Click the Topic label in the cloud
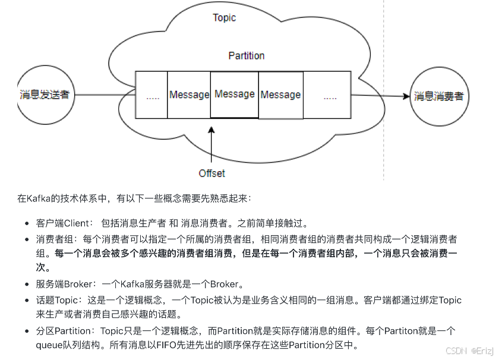(225, 18)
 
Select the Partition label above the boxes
(247, 56)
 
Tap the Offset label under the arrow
(212, 173)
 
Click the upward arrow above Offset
(211, 143)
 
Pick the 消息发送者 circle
(45, 94)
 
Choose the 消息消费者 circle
(438, 96)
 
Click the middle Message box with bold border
(235, 94)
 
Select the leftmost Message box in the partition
(189, 94)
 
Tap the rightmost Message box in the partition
(280, 94)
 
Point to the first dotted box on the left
(152, 95)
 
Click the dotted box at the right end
(329, 95)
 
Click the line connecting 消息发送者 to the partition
(104, 94)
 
